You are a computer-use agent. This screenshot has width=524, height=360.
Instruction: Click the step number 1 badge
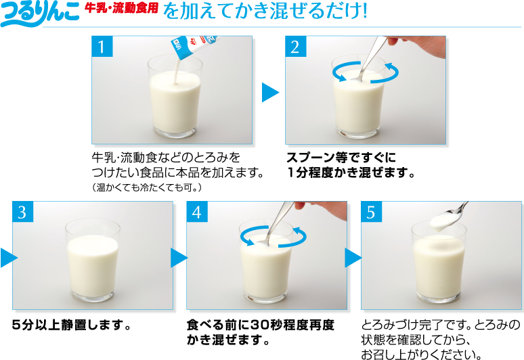(102, 47)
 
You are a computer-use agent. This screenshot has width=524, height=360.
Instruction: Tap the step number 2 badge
(295, 47)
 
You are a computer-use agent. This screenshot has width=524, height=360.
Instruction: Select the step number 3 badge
(23, 212)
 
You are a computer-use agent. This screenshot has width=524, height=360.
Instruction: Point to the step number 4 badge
(197, 212)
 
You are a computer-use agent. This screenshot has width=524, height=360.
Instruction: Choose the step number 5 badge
(371, 212)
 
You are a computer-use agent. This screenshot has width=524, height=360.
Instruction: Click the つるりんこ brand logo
(40, 14)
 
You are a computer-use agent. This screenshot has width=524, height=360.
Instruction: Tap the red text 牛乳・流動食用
(121, 8)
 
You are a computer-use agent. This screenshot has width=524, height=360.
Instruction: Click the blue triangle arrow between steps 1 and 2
(270, 92)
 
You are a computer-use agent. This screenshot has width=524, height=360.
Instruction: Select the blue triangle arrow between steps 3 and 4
(179, 257)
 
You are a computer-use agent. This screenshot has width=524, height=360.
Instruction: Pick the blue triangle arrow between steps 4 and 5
(353, 257)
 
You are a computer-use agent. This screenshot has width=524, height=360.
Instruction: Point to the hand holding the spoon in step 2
(416, 46)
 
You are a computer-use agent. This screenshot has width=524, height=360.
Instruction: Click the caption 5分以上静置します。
(72, 325)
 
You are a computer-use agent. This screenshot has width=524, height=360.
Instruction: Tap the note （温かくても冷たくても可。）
(147, 187)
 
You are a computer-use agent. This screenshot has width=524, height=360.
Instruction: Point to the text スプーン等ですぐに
(341, 157)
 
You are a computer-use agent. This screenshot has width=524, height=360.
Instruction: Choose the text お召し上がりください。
(421, 354)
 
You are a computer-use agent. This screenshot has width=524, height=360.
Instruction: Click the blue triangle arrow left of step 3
(9, 257)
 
